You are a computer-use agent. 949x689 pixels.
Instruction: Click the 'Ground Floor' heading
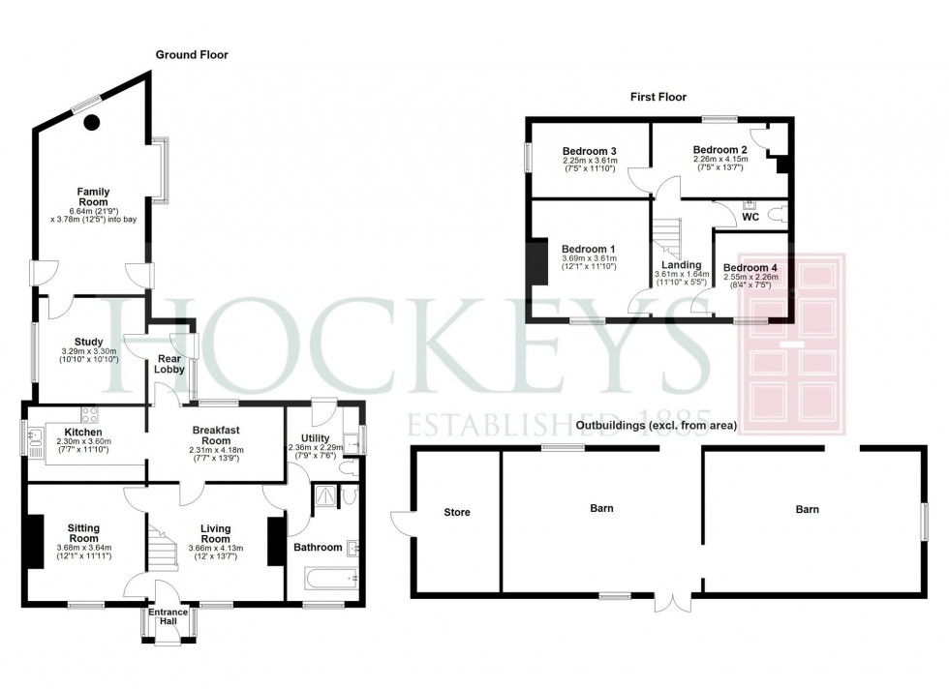192,55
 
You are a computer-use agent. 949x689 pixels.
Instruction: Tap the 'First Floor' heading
658,97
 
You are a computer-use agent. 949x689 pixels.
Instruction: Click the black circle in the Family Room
92,122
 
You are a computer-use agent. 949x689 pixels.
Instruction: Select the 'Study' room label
88,341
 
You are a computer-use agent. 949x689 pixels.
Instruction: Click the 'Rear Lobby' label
170,365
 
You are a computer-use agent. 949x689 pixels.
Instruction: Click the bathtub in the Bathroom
323,580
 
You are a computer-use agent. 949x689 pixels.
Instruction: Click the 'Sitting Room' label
83,533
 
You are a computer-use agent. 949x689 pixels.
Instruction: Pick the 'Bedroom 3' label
590,151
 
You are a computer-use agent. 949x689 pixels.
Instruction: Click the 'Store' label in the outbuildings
456,512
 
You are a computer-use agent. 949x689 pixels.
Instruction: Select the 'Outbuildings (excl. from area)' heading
656,425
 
